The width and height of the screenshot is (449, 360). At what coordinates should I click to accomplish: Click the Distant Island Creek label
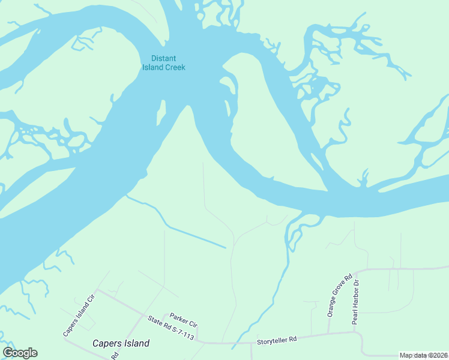pyautogui.click(x=163, y=63)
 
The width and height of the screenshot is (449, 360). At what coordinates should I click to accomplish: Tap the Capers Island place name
pyautogui.click(x=121, y=344)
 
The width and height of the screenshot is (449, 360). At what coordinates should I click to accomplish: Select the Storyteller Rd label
pyautogui.click(x=277, y=340)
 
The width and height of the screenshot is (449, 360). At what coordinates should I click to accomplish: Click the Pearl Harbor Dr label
pyautogui.click(x=355, y=302)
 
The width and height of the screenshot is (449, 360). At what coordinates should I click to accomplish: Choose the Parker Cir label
pyautogui.click(x=183, y=320)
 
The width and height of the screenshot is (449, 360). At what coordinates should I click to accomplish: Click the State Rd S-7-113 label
pyautogui.click(x=171, y=328)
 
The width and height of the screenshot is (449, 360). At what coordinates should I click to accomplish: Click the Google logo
pyautogui.click(x=20, y=353)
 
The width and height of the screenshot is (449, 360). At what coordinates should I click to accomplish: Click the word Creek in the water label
pyautogui.click(x=175, y=67)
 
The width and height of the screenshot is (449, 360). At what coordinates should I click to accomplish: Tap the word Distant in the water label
pyautogui.click(x=163, y=59)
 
